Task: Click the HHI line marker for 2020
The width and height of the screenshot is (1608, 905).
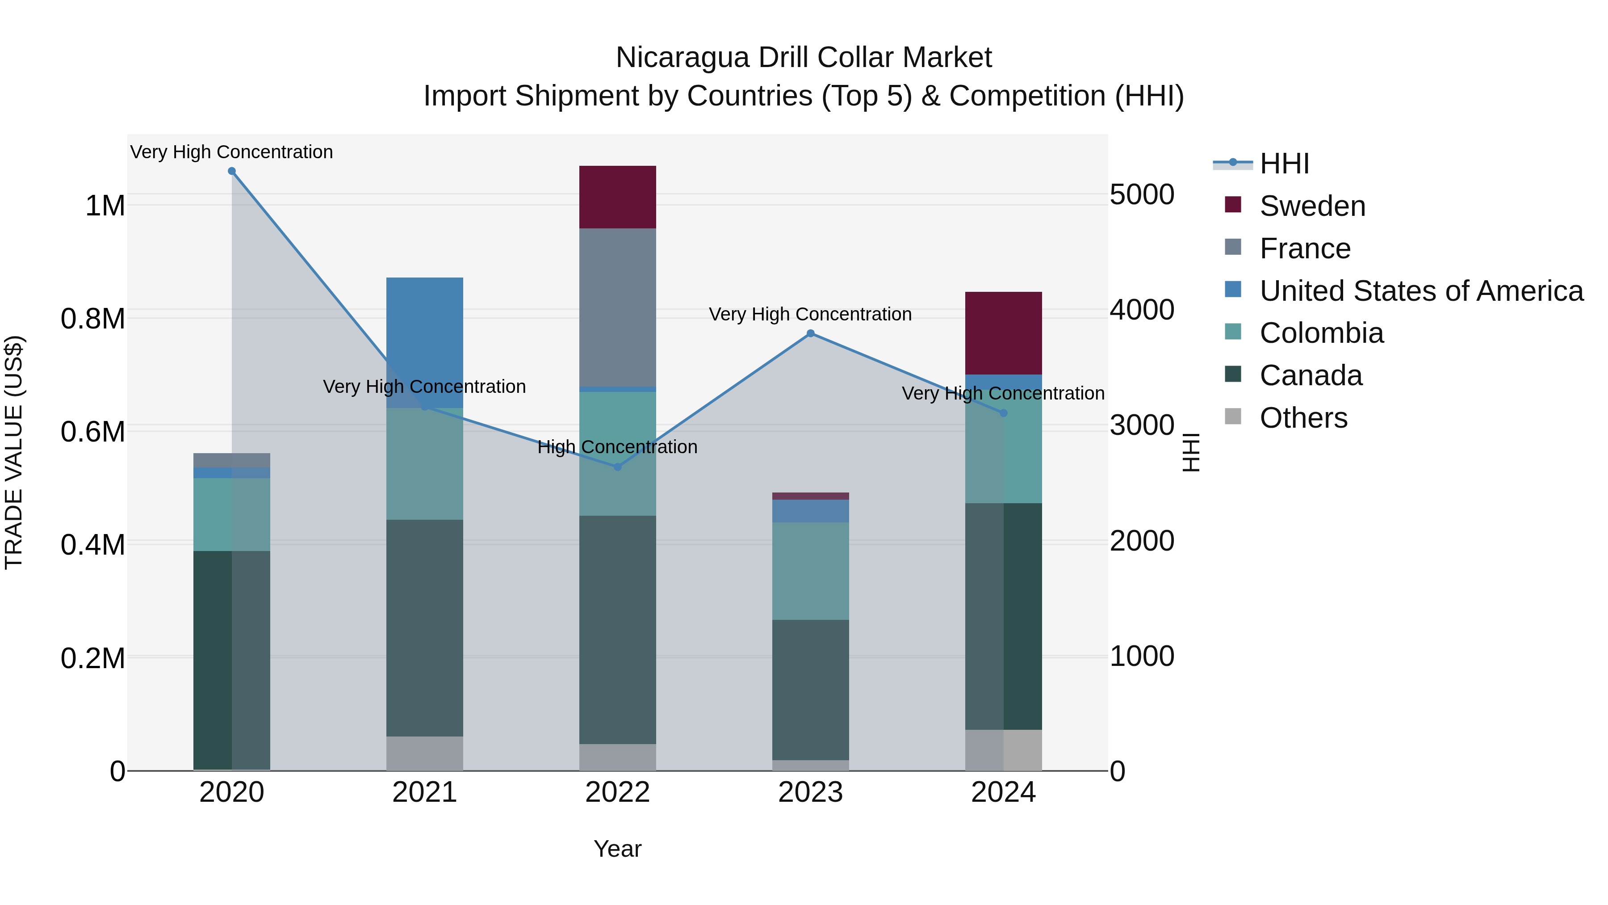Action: coord(231,171)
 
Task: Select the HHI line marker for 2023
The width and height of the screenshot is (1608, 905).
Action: coord(810,333)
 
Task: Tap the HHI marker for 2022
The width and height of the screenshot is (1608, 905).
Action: coord(617,467)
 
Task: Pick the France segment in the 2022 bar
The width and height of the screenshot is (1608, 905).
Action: coord(617,307)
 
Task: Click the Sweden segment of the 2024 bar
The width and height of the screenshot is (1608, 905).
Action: coord(1003,333)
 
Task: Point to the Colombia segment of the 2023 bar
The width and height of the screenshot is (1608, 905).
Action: coord(810,571)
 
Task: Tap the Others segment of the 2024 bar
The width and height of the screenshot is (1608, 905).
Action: coord(1003,749)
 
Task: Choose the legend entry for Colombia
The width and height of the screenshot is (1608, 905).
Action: coord(1320,333)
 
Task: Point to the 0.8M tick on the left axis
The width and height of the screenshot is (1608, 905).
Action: coord(93,319)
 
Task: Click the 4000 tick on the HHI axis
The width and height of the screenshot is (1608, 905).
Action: coord(1142,309)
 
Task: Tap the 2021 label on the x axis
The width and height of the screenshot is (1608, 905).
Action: coord(424,792)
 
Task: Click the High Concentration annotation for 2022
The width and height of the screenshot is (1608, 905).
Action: coord(617,447)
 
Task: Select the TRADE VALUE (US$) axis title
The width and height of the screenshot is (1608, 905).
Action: coord(14,452)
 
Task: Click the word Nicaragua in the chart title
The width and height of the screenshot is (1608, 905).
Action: coord(682,58)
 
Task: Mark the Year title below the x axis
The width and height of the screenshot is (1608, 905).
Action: coord(617,849)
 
